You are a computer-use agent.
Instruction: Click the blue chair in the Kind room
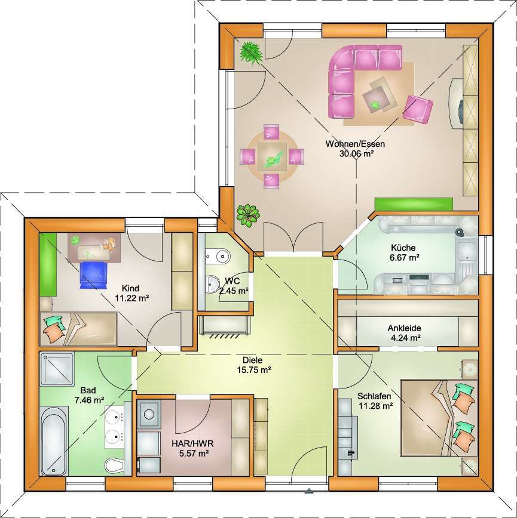(x=94, y=275)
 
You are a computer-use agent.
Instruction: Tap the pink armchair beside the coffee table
(x=418, y=109)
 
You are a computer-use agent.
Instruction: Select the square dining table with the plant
(x=272, y=156)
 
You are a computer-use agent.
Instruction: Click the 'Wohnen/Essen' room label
(x=355, y=144)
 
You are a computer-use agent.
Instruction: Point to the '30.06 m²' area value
(x=356, y=153)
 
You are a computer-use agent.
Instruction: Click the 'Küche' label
(x=403, y=248)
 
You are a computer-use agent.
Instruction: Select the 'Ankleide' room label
(x=404, y=328)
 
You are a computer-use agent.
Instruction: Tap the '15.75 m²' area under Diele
(x=254, y=369)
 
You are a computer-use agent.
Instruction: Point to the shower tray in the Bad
(x=57, y=369)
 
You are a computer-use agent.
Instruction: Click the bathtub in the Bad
(x=54, y=440)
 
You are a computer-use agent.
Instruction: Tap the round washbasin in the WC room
(x=212, y=283)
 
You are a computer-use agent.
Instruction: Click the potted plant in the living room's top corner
(x=251, y=53)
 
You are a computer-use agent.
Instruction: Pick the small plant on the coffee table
(x=375, y=105)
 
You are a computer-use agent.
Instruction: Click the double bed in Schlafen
(x=439, y=418)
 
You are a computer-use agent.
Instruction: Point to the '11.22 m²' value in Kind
(x=131, y=298)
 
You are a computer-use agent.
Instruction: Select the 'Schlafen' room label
(x=374, y=396)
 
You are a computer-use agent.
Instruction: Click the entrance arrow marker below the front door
(x=308, y=491)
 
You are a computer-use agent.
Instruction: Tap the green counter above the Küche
(x=414, y=204)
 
